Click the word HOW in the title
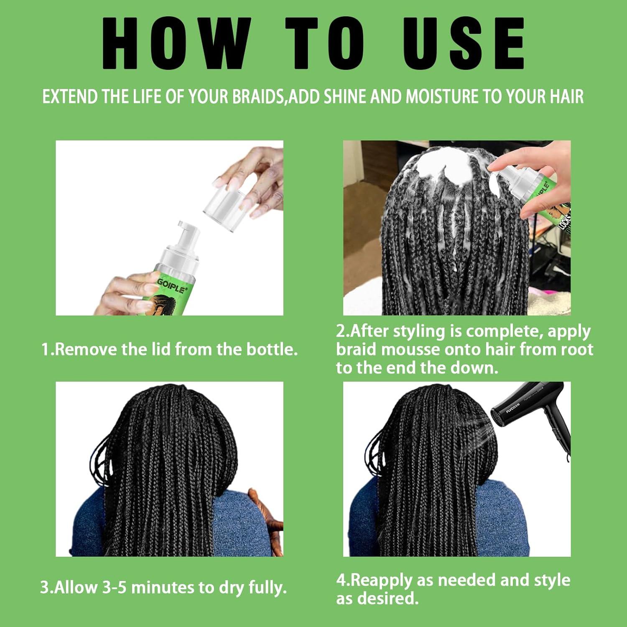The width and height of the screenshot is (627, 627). coord(176,44)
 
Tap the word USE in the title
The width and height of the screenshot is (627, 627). coord(463,44)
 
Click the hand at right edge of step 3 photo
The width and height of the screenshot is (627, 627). coord(268,518)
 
